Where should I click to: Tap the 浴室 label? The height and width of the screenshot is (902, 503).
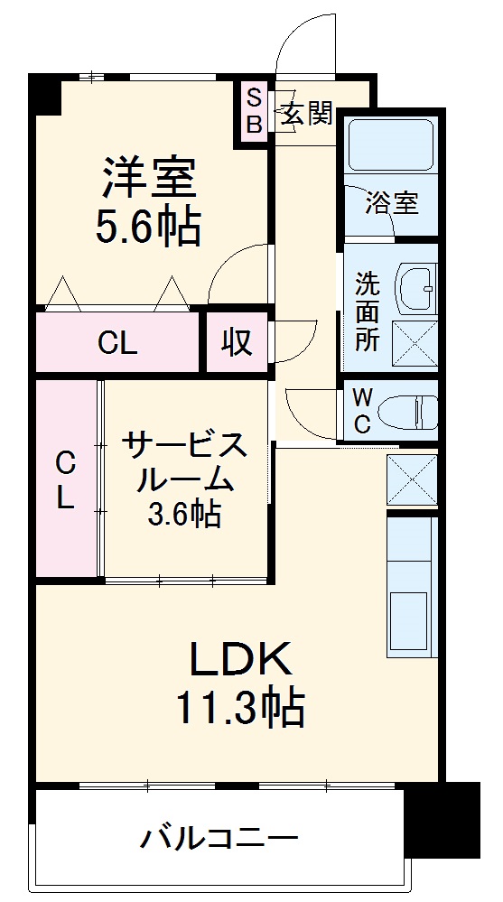pyautogui.click(x=392, y=203)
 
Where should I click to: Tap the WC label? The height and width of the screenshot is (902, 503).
pyautogui.click(x=361, y=411)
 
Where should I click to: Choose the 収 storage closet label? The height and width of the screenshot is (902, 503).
pyautogui.click(x=237, y=342)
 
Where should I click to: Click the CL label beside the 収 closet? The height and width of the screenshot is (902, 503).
pyautogui.click(x=117, y=343)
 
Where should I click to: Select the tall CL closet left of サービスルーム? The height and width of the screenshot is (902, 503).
pyautogui.click(x=65, y=479)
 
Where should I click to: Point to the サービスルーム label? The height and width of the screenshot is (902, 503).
pyautogui.click(x=185, y=461)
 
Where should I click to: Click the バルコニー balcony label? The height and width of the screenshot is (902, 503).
pyautogui.click(x=218, y=839)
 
